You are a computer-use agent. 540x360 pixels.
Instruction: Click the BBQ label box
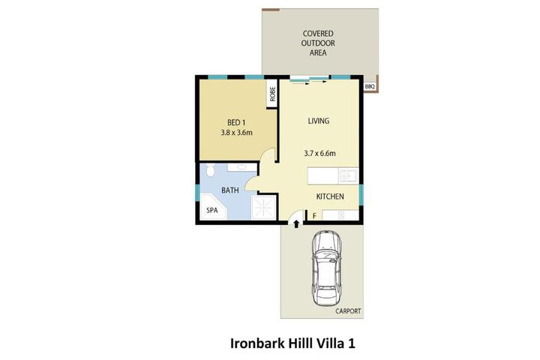[369, 87]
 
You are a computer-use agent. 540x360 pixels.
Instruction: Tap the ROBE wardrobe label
[273, 94]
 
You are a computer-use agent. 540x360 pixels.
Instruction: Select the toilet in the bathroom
[211, 170]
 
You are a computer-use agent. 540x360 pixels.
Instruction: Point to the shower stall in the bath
[264, 207]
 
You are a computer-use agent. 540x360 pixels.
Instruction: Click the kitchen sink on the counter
[348, 175]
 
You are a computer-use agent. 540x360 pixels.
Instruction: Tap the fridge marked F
[314, 216]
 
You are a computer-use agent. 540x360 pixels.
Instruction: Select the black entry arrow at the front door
[296, 224]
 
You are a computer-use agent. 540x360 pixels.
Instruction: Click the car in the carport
[326, 268]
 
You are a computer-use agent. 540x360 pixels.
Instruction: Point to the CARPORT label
[348, 311]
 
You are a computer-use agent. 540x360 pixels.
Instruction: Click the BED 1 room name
[236, 122]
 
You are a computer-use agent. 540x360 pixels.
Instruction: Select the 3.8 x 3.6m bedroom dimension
[236, 132]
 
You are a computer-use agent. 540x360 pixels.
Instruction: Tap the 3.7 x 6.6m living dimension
[320, 153]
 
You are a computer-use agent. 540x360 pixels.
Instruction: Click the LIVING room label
[319, 121]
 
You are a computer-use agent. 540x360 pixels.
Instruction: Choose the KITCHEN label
[330, 196]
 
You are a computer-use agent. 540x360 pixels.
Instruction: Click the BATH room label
[230, 190]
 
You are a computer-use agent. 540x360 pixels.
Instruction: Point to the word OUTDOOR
[318, 43]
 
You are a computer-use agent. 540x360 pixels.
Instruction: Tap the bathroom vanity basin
[242, 167]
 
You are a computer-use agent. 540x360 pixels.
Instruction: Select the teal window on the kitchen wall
[361, 195]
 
